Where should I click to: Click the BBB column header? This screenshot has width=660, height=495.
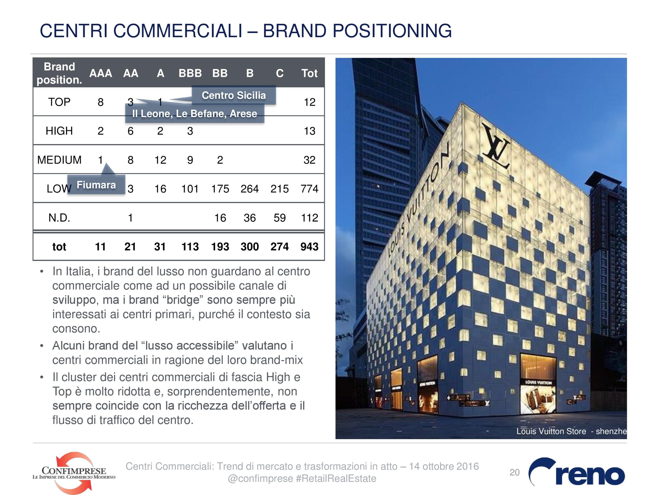pos(190,73)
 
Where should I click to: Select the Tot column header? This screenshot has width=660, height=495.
pos(309,73)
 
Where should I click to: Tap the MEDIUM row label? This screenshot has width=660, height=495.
pos(59,160)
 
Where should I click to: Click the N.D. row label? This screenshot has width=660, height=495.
pos(59,218)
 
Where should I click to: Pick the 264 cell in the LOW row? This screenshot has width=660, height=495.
pos(250,189)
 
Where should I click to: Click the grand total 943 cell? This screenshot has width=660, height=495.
pos(309,247)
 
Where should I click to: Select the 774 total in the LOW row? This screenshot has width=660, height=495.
pos(309,189)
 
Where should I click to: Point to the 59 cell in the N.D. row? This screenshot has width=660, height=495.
pos(279,218)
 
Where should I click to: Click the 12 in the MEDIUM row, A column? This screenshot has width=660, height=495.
pos(160,160)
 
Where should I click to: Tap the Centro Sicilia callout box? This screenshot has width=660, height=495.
pos(234,95)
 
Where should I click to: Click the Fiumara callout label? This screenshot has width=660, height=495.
pos(96,185)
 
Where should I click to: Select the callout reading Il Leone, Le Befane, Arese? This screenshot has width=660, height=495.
pos(195,113)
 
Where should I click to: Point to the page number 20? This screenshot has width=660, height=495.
pos(514,472)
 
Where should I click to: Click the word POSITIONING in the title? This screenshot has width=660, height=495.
pos(392,31)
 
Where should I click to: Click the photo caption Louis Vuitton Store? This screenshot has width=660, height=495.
pos(551,431)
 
